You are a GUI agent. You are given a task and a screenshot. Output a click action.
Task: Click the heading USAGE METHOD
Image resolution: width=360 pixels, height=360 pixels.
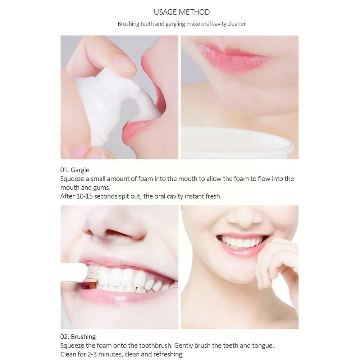pos(182,12)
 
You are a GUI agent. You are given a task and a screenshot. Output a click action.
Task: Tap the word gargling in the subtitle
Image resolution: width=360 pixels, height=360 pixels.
pos(190,24)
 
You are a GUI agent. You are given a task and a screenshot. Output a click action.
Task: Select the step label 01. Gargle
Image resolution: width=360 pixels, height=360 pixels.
pos(75,170)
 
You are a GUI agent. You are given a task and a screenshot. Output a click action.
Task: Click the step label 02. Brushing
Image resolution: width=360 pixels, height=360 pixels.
pos(78,337)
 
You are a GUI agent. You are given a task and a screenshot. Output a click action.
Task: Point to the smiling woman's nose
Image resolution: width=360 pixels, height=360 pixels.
pos(240,218)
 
